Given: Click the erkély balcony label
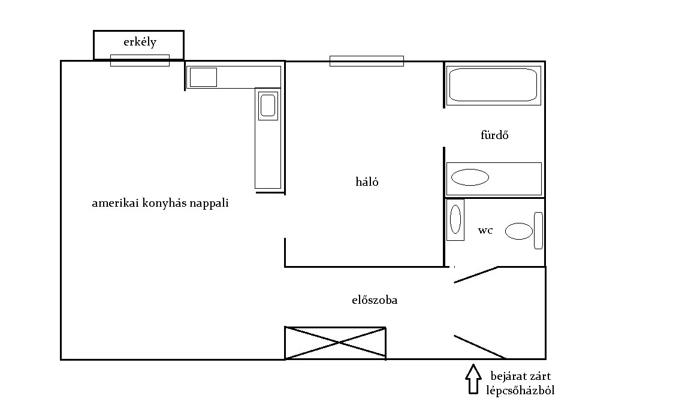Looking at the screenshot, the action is click(140, 42).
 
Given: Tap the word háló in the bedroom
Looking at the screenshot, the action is click(367, 182).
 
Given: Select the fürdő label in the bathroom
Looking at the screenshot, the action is click(494, 135).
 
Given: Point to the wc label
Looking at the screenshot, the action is click(485, 231).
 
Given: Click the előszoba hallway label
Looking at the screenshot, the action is click(375, 300).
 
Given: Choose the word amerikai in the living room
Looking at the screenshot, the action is click(115, 203).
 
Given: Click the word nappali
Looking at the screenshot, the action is click(209, 203).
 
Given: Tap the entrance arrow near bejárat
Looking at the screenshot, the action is click(473, 379).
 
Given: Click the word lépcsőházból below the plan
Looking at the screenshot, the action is click(520, 391).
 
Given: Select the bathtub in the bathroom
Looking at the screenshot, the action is click(494, 85).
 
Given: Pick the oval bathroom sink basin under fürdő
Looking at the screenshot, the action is click(470, 177).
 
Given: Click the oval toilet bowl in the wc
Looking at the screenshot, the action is click(519, 231).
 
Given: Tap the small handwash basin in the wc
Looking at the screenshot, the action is click(455, 219).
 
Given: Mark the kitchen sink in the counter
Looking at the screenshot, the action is click(268, 105).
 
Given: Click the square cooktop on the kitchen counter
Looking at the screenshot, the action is click(203, 77).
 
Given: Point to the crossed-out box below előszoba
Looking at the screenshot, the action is click(335, 343).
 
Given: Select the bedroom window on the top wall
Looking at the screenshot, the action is click(367, 61).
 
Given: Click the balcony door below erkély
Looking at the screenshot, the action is click(140, 61).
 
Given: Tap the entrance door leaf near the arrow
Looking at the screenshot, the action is click(480, 347).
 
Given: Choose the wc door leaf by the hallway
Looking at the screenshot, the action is click(476, 274).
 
